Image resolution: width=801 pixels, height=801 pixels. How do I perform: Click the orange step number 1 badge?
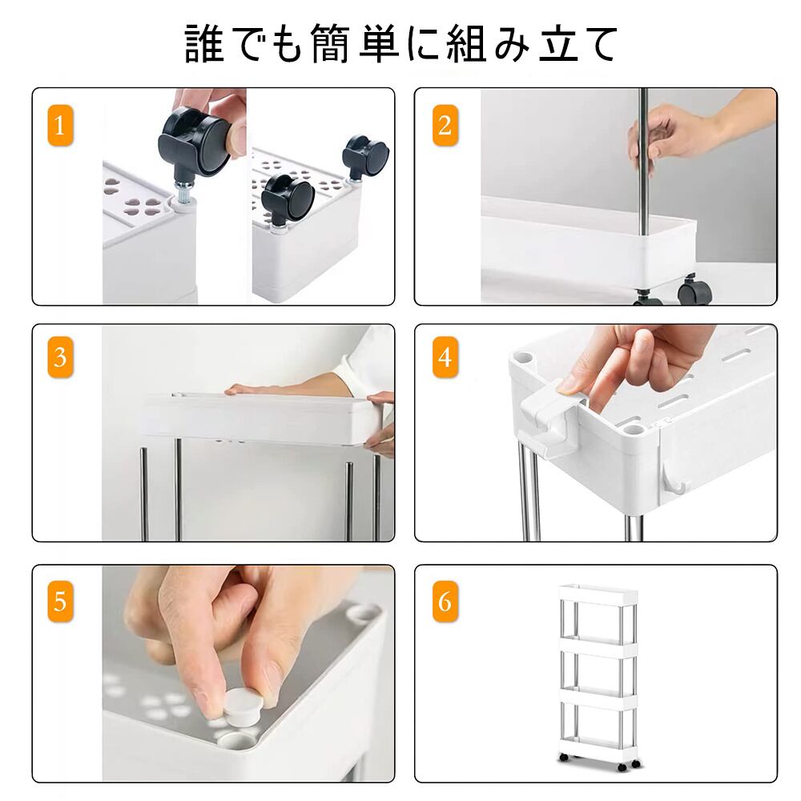coord(60,126)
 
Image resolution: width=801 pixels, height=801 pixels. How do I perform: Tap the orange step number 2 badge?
coord(445,126)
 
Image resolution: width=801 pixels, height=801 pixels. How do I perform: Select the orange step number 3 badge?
coord(60,357)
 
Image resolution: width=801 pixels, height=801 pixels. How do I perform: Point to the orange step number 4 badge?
coord(445,357)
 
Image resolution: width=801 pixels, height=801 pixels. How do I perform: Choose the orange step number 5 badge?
coord(60,602)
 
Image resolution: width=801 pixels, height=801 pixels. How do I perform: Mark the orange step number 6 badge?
coord(445,602)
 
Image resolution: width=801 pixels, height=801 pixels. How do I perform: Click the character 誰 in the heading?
coord(204,44)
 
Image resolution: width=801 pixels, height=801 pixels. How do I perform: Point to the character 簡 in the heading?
coord(329,44)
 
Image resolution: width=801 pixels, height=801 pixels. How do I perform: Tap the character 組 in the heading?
coord(466,44)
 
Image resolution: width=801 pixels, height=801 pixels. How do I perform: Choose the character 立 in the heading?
coord(559,44)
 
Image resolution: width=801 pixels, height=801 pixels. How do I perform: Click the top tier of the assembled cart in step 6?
coord(598,595)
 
